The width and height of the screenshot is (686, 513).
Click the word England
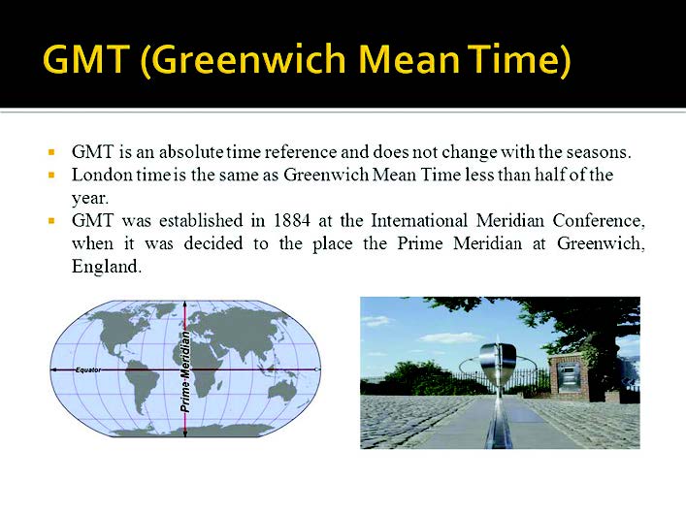pos(107,267)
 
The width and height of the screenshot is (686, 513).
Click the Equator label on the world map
pos(88,369)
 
